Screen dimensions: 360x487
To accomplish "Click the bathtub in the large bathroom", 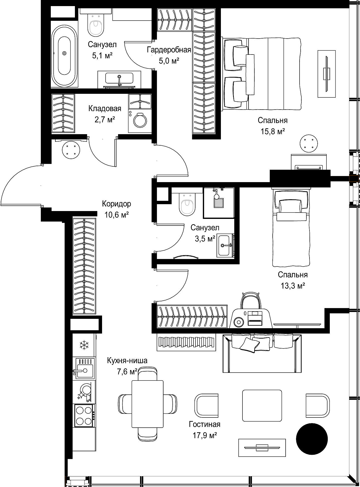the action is [x=64, y=54].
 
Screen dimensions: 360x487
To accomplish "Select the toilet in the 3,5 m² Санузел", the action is [x=187, y=203].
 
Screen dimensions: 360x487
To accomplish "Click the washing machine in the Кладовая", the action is [x=140, y=121].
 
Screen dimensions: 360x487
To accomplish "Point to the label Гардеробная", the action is [x=169, y=50].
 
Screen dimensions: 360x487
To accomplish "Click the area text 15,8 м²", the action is [x=273, y=131].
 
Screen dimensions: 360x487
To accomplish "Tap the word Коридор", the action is [x=117, y=204].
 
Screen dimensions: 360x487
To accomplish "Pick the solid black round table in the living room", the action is [x=312, y=438].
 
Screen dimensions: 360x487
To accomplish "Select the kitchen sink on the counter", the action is [x=84, y=368].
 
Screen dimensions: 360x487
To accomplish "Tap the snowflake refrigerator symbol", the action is [x=84, y=345].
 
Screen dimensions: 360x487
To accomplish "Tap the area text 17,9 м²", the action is [x=205, y=435].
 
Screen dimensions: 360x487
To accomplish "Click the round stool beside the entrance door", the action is [x=71, y=150].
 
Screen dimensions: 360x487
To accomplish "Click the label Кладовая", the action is [x=105, y=109].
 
